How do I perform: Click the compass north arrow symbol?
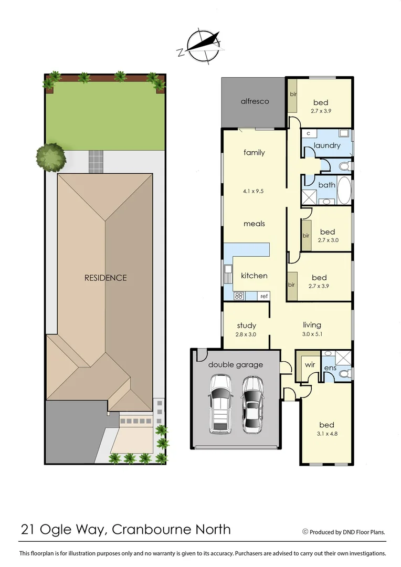click(x=199, y=46)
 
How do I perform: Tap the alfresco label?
click(x=255, y=101)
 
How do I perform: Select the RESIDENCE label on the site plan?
click(x=105, y=278)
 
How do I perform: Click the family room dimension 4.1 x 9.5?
click(x=254, y=191)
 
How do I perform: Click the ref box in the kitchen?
click(x=264, y=296)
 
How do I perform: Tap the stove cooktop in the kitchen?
click(x=238, y=296)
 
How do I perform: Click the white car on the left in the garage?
click(x=220, y=404)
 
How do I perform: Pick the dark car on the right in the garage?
click(x=252, y=404)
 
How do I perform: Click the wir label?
click(x=308, y=363)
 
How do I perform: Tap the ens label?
click(x=330, y=368)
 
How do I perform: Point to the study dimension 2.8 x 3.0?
click(x=245, y=334)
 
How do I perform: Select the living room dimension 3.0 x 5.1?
click(x=312, y=334)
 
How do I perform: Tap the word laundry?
click(x=327, y=145)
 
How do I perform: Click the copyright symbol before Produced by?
click(x=305, y=531)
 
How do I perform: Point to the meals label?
click(x=254, y=224)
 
